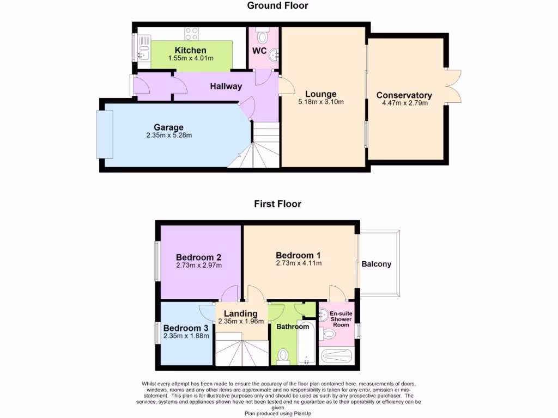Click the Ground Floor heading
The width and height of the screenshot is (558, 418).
[x=277, y=6]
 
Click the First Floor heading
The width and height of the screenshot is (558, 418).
[x=277, y=204]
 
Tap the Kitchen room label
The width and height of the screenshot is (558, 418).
[x=190, y=51]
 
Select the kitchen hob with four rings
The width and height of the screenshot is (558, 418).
[x=191, y=34]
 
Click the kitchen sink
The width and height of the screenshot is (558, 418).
[x=143, y=48]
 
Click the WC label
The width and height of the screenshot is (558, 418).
[x=259, y=51]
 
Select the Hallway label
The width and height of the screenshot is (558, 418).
[x=226, y=86]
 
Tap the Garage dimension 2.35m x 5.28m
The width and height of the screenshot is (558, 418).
[x=169, y=135]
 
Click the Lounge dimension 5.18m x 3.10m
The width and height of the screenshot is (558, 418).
[x=321, y=102]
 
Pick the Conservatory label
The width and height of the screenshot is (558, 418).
[x=404, y=95]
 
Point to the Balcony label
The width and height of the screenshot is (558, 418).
[x=377, y=265]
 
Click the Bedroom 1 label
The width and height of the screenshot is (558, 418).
[x=299, y=255]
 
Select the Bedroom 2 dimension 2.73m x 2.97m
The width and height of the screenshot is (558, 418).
[x=199, y=266]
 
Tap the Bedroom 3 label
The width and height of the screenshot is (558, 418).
[x=186, y=328]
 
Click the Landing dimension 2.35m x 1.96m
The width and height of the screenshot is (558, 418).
[x=241, y=321]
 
